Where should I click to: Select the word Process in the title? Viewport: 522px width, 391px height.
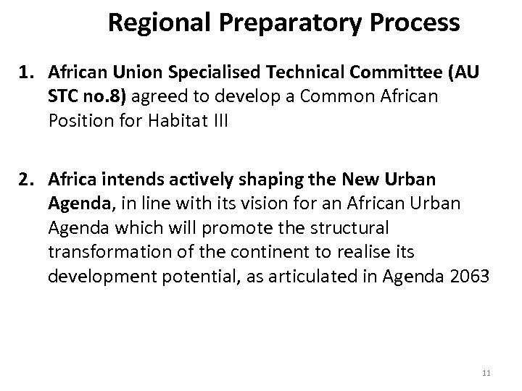pyautogui.click(x=416, y=23)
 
